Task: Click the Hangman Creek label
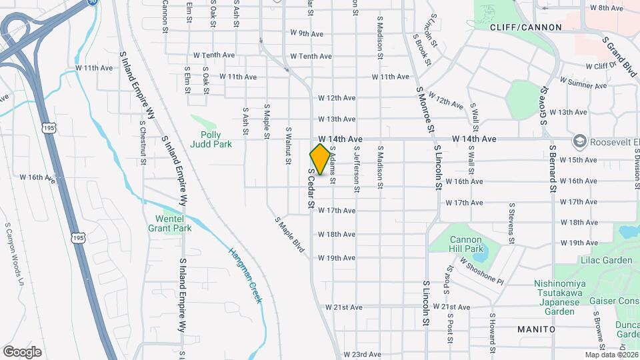pyautogui.click(x=245, y=275)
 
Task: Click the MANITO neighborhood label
pyautogui.click(x=536, y=329)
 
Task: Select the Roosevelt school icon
pyautogui.click(x=579, y=141)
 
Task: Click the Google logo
pyautogui.click(x=22, y=351)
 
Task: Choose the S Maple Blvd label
pyautogui.click(x=289, y=233)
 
